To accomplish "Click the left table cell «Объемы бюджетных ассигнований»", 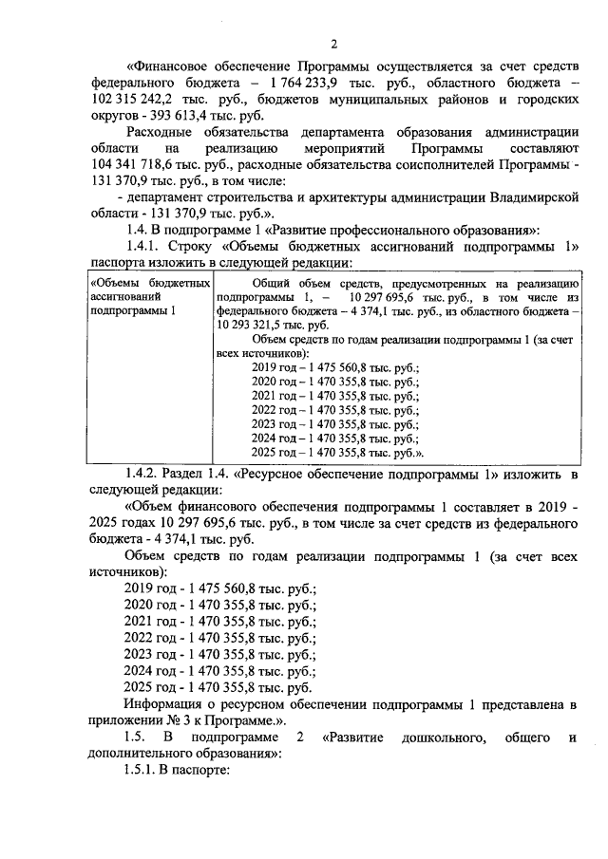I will [x=147, y=297].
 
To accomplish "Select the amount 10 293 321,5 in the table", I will [x=255, y=323].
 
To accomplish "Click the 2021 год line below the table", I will [x=220, y=621].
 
